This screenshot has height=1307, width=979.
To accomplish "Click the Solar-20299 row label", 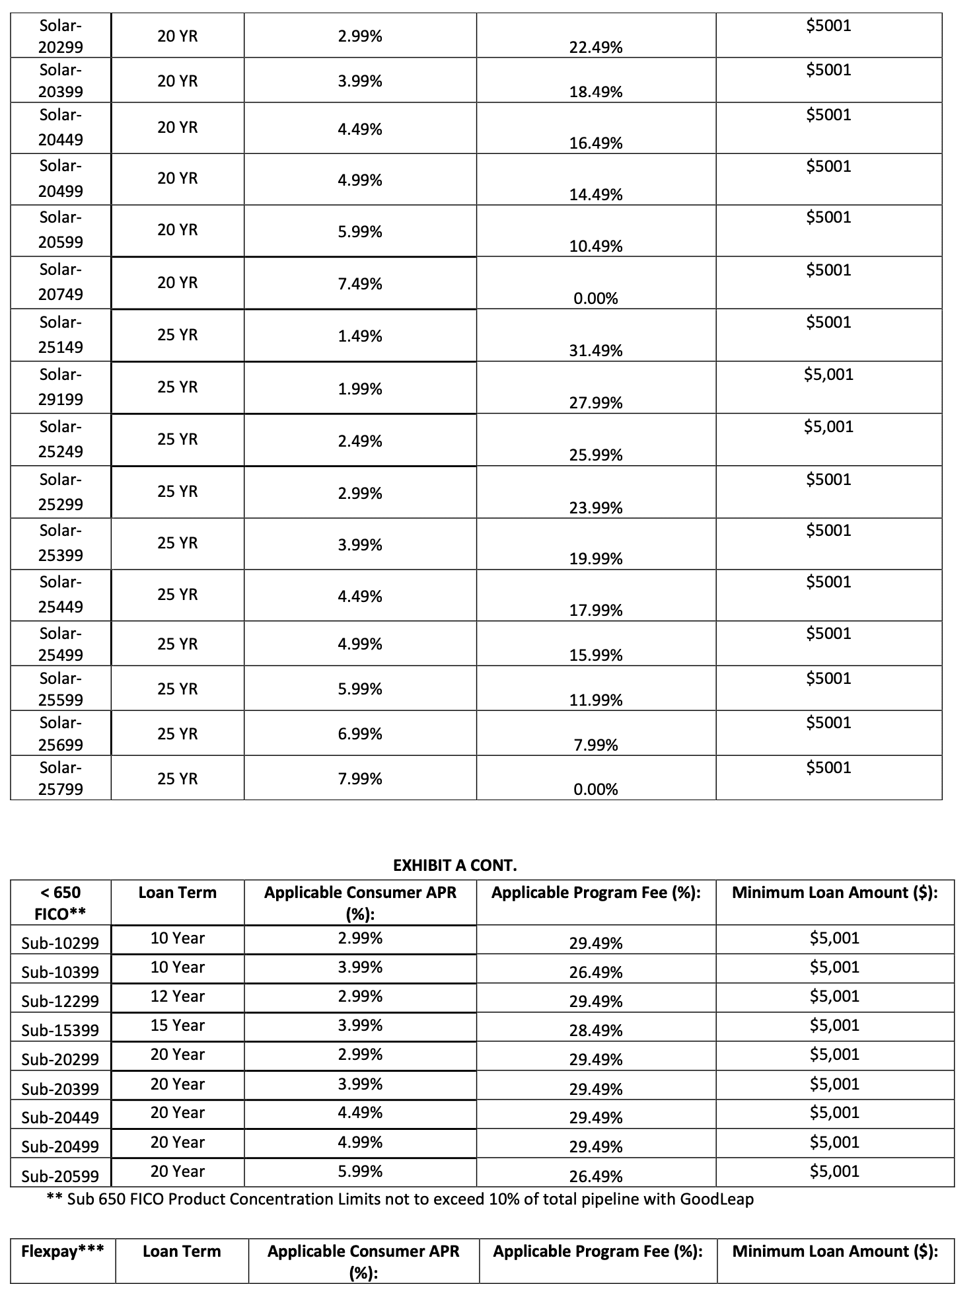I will pyautogui.click(x=60, y=36).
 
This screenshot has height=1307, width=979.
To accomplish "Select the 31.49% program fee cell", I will pyautogui.click(x=595, y=351).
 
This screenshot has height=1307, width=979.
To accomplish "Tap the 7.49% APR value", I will pyautogui.click(x=359, y=284).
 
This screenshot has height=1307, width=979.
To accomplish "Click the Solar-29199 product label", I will pyautogui.click(x=60, y=387).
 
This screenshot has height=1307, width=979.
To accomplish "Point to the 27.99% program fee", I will pyautogui.click(x=595, y=403).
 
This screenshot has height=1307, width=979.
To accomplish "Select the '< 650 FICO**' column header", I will pyautogui.click(x=60, y=903).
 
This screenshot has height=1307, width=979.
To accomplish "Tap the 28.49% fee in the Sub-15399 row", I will pyautogui.click(x=595, y=1031).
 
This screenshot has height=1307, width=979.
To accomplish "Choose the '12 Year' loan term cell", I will pyautogui.click(x=177, y=996).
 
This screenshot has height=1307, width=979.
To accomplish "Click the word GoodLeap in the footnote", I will pyautogui.click(x=717, y=1199).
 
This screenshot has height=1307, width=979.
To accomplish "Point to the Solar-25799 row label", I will pyautogui.click(x=60, y=778).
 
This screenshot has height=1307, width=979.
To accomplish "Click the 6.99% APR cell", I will pyautogui.click(x=359, y=734).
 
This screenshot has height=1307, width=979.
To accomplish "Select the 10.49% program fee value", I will pyautogui.click(x=595, y=246).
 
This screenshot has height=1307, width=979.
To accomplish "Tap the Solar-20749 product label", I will pyautogui.click(x=60, y=282).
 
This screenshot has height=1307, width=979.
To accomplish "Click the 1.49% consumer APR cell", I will pyautogui.click(x=359, y=336).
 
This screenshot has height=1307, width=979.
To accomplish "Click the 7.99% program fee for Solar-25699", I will pyautogui.click(x=595, y=745).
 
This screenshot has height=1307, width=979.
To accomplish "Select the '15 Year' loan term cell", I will pyautogui.click(x=177, y=1026).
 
